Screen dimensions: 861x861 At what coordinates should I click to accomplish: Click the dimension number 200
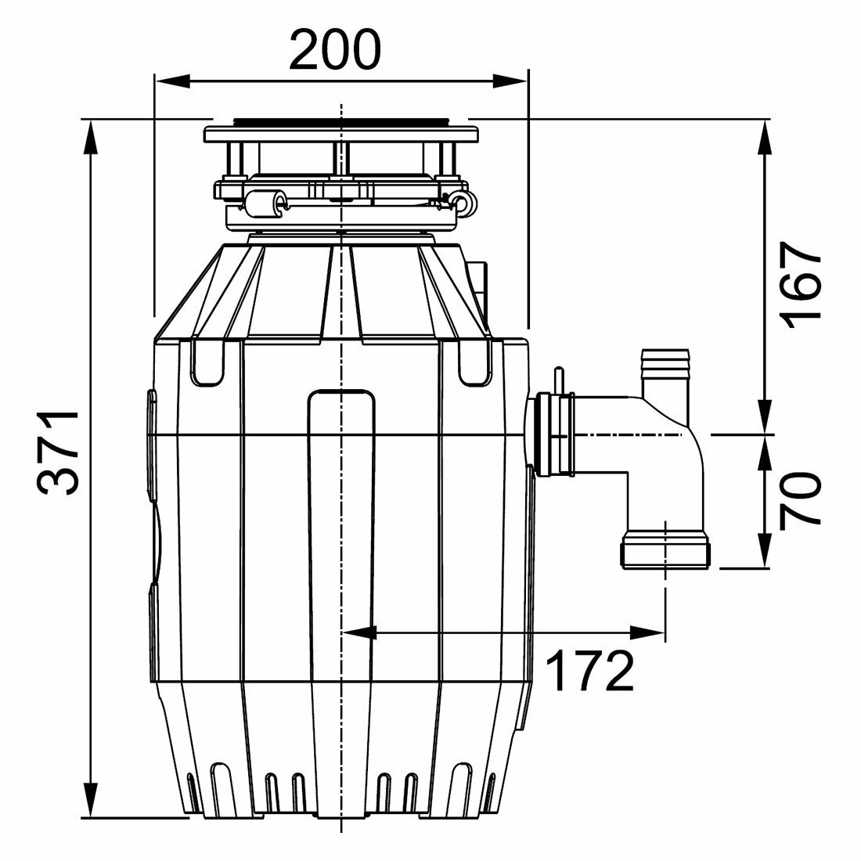(x=334, y=50)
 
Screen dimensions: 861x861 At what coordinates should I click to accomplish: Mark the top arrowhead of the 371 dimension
(x=91, y=137)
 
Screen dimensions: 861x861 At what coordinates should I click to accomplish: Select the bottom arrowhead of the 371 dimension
(x=91, y=799)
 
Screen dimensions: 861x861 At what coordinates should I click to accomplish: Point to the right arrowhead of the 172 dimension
(x=648, y=632)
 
